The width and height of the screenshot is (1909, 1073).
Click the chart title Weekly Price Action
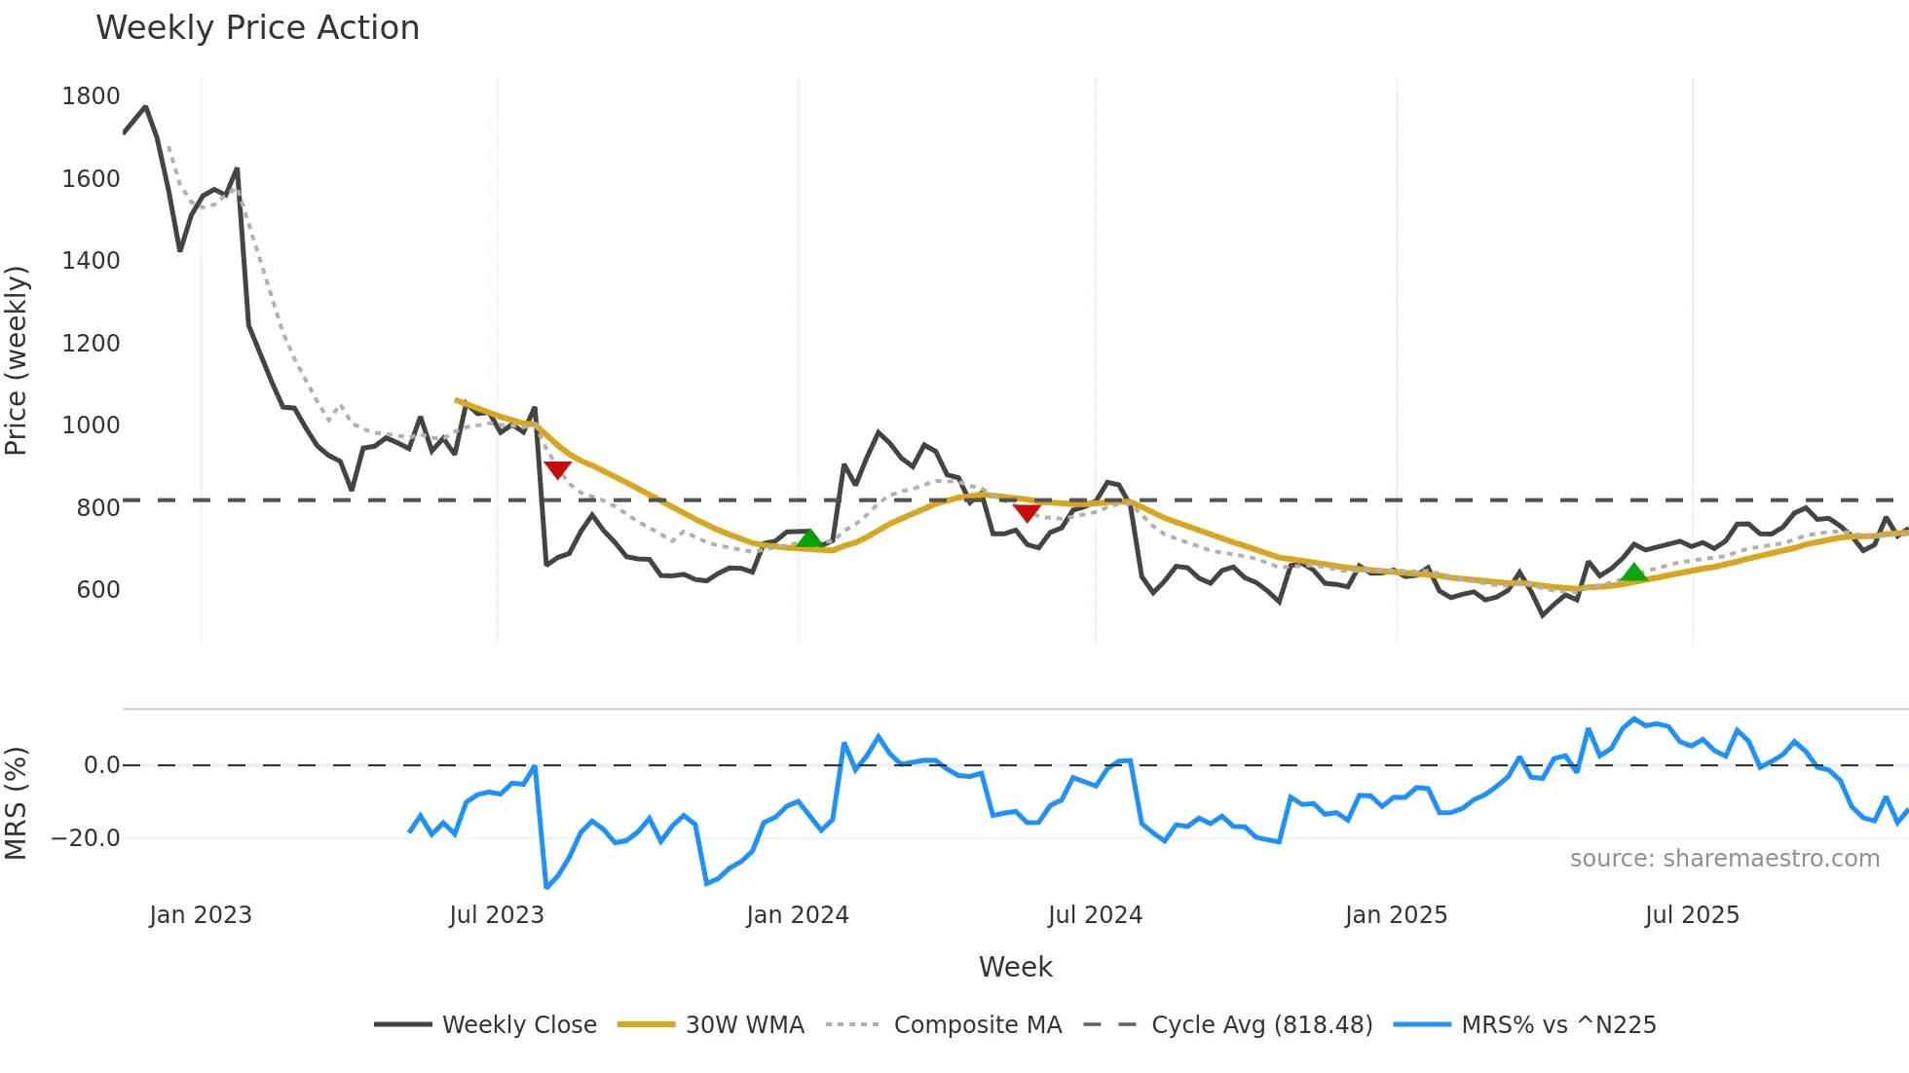click(x=257, y=28)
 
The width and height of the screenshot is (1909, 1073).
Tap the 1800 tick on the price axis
click(x=91, y=96)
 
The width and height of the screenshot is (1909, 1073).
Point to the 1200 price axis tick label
click(x=91, y=344)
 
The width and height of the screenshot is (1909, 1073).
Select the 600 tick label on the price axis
click(x=97, y=590)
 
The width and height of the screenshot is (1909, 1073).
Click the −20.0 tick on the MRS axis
click(x=86, y=838)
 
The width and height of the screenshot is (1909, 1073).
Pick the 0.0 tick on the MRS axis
click(x=101, y=765)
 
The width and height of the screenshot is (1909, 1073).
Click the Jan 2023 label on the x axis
click(x=201, y=915)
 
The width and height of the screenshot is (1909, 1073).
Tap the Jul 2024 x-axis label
click(x=1095, y=915)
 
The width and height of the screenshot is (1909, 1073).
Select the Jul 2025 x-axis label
click(x=1692, y=915)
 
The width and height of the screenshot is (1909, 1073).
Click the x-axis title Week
click(x=1015, y=967)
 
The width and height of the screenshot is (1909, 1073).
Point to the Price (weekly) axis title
click(x=16, y=360)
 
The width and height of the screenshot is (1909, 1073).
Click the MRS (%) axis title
click(x=16, y=803)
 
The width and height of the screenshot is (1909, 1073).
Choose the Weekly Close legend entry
click(x=519, y=1025)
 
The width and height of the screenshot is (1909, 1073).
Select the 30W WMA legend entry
click(x=744, y=1025)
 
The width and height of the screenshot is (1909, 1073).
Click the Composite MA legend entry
click(x=977, y=1025)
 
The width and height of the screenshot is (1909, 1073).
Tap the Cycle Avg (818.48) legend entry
click(x=1261, y=1025)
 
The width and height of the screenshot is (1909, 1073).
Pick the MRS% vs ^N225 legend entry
click(x=1558, y=1025)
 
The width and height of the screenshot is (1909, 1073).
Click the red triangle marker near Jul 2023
click(x=557, y=469)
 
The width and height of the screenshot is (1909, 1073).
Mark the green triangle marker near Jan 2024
click(x=809, y=538)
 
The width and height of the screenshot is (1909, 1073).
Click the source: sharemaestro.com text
click(x=1724, y=859)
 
